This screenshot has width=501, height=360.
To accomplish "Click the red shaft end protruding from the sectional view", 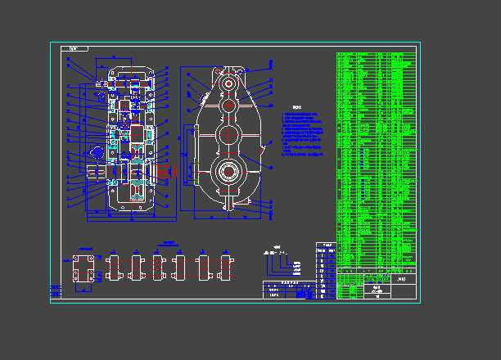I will coord(169,172).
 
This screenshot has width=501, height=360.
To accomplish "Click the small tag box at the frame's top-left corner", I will coord(78,49).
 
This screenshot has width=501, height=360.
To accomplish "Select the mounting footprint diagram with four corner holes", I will coord(83,269).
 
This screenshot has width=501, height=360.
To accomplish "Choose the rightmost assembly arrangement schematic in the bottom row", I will coord(225,268).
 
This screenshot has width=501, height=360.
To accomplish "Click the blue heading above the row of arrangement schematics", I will coord(169,243).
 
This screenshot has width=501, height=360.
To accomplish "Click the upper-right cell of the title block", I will coord(404,281).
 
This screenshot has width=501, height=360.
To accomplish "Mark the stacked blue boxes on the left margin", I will coord(56,290).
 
